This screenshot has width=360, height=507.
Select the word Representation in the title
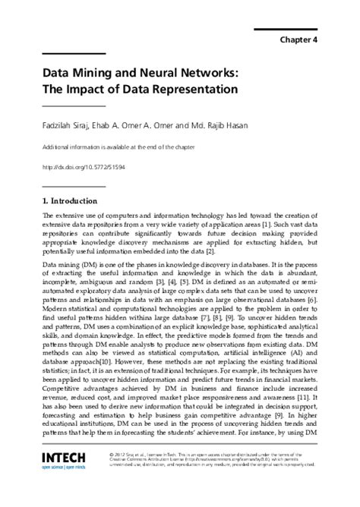[191, 89]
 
